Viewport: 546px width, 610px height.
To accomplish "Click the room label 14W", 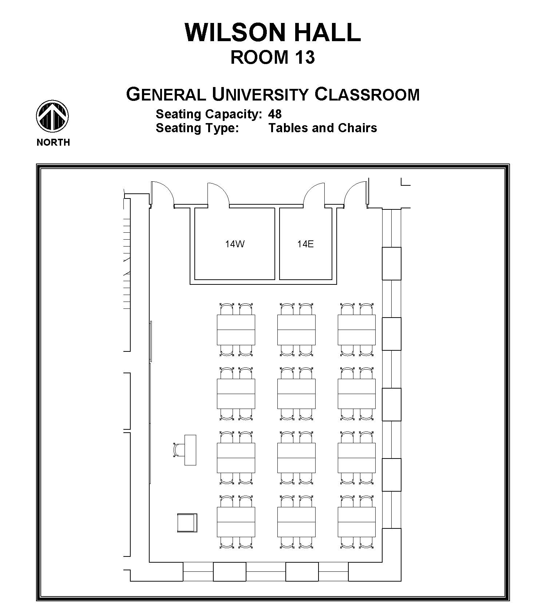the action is point(235,244).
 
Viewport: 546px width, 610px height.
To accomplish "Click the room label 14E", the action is point(305,244).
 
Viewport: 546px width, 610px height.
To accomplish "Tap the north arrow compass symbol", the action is point(52,117).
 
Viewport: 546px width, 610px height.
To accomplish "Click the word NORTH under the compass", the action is point(53,142).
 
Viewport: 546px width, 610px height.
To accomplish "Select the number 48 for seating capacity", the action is point(275,114).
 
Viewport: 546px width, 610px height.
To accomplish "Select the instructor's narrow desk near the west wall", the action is point(190,450).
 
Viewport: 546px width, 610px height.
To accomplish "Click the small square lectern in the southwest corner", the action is point(187,523).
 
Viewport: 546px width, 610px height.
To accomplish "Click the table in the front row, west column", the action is point(236,330).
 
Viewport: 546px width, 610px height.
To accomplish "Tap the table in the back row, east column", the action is point(357,522).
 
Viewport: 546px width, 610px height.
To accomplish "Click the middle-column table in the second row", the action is point(296,394).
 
